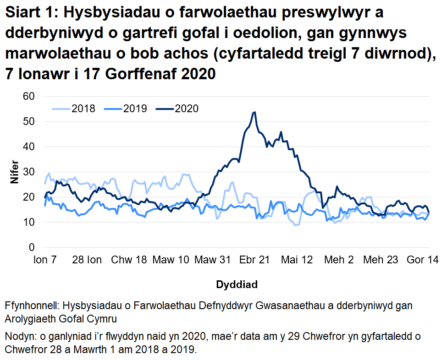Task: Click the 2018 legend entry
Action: point(83,109)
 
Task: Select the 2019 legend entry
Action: point(135,109)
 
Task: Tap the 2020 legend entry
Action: point(187,109)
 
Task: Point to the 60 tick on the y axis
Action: point(30,97)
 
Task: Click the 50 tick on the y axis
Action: point(30,122)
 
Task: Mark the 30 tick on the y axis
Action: point(30,172)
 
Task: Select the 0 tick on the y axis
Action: point(32,248)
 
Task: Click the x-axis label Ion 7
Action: point(45,260)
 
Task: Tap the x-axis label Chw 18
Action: point(130,260)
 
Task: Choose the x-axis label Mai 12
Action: point(297,260)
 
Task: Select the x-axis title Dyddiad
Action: point(237,284)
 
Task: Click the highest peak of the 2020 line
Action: point(254,112)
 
